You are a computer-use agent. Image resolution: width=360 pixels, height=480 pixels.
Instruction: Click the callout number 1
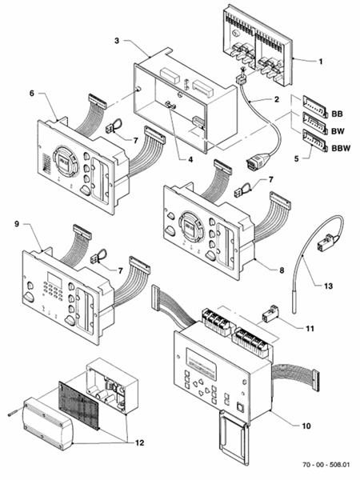click(322, 62)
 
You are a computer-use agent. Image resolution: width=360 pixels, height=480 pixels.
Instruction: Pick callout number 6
click(33, 94)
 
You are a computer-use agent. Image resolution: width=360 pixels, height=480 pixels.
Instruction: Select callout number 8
click(281, 270)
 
